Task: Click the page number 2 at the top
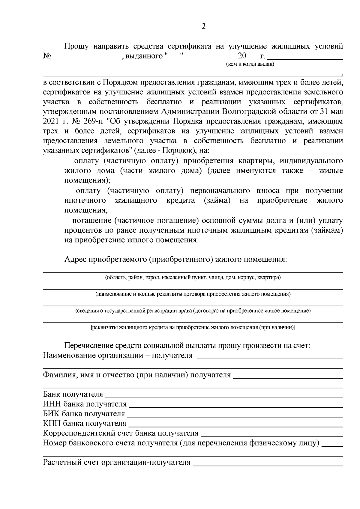click(x=204, y=27)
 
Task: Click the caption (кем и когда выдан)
click(x=250, y=64)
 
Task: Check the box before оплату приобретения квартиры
click(x=67, y=161)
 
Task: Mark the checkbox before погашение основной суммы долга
click(x=67, y=221)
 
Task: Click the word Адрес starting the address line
click(x=75, y=259)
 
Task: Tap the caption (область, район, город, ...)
click(x=193, y=277)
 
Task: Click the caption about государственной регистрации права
click(x=193, y=311)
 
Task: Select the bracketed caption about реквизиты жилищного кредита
click(x=193, y=327)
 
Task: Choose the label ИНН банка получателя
click(x=85, y=404)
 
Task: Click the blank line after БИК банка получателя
click(x=235, y=414)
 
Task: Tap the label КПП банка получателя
click(x=85, y=424)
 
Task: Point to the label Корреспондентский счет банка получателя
click(x=121, y=433)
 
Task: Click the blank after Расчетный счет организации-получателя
click(x=268, y=463)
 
